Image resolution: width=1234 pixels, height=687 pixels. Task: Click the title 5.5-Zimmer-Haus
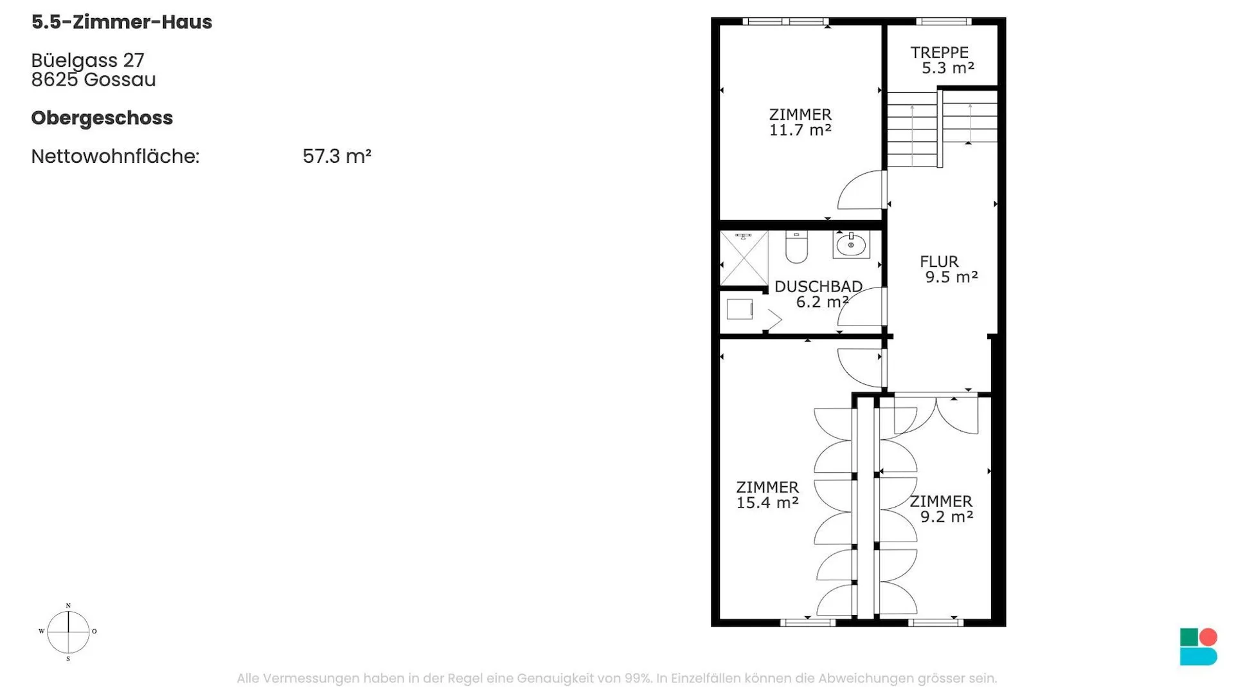[121, 22]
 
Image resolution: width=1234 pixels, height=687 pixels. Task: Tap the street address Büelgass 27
[87, 60]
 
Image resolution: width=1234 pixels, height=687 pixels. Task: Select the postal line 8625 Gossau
[93, 80]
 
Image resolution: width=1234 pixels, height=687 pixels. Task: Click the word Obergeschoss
[102, 118]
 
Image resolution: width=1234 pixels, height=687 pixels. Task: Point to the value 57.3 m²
[337, 156]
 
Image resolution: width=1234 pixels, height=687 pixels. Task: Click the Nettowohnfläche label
[115, 156]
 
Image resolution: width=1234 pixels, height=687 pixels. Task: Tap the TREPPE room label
[939, 52]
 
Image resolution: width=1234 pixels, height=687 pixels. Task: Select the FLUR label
[939, 261]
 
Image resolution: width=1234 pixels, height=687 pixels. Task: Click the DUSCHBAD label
[818, 286]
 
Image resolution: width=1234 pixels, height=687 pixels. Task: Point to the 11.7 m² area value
[800, 130]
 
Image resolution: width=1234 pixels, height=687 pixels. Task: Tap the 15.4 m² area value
[767, 502]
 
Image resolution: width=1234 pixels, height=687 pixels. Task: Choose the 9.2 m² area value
[947, 517]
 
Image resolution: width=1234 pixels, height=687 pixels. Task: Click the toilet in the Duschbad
[796, 248]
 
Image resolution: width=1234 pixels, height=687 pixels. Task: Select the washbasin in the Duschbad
[851, 244]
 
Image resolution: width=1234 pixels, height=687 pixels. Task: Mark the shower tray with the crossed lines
[744, 259]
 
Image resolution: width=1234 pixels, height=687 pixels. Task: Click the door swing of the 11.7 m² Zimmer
[860, 190]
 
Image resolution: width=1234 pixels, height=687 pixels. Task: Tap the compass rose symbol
[68, 632]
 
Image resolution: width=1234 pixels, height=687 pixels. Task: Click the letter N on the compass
[68, 606]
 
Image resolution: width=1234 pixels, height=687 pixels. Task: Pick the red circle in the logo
[1208, 637]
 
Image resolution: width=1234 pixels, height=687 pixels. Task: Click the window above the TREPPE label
[943, 22]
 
